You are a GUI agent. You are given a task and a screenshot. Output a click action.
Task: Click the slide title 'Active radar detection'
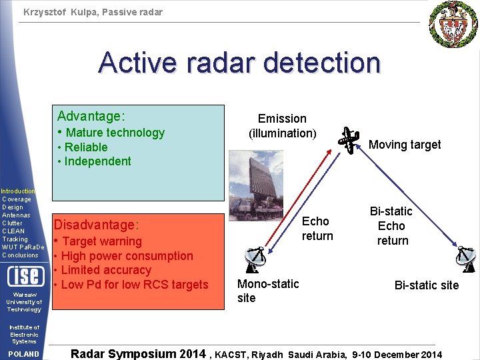[239, 63]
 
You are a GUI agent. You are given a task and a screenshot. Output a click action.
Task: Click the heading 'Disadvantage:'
[96, 225]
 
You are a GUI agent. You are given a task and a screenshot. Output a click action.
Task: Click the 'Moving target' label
[405, 145]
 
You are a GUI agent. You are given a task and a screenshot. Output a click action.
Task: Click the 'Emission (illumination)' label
[282, 126]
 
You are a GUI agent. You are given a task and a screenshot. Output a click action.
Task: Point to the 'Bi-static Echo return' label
[392, 226]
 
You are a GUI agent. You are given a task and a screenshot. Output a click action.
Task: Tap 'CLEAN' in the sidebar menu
[12, 231]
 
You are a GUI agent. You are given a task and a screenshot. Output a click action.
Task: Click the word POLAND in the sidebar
[23, 354]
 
